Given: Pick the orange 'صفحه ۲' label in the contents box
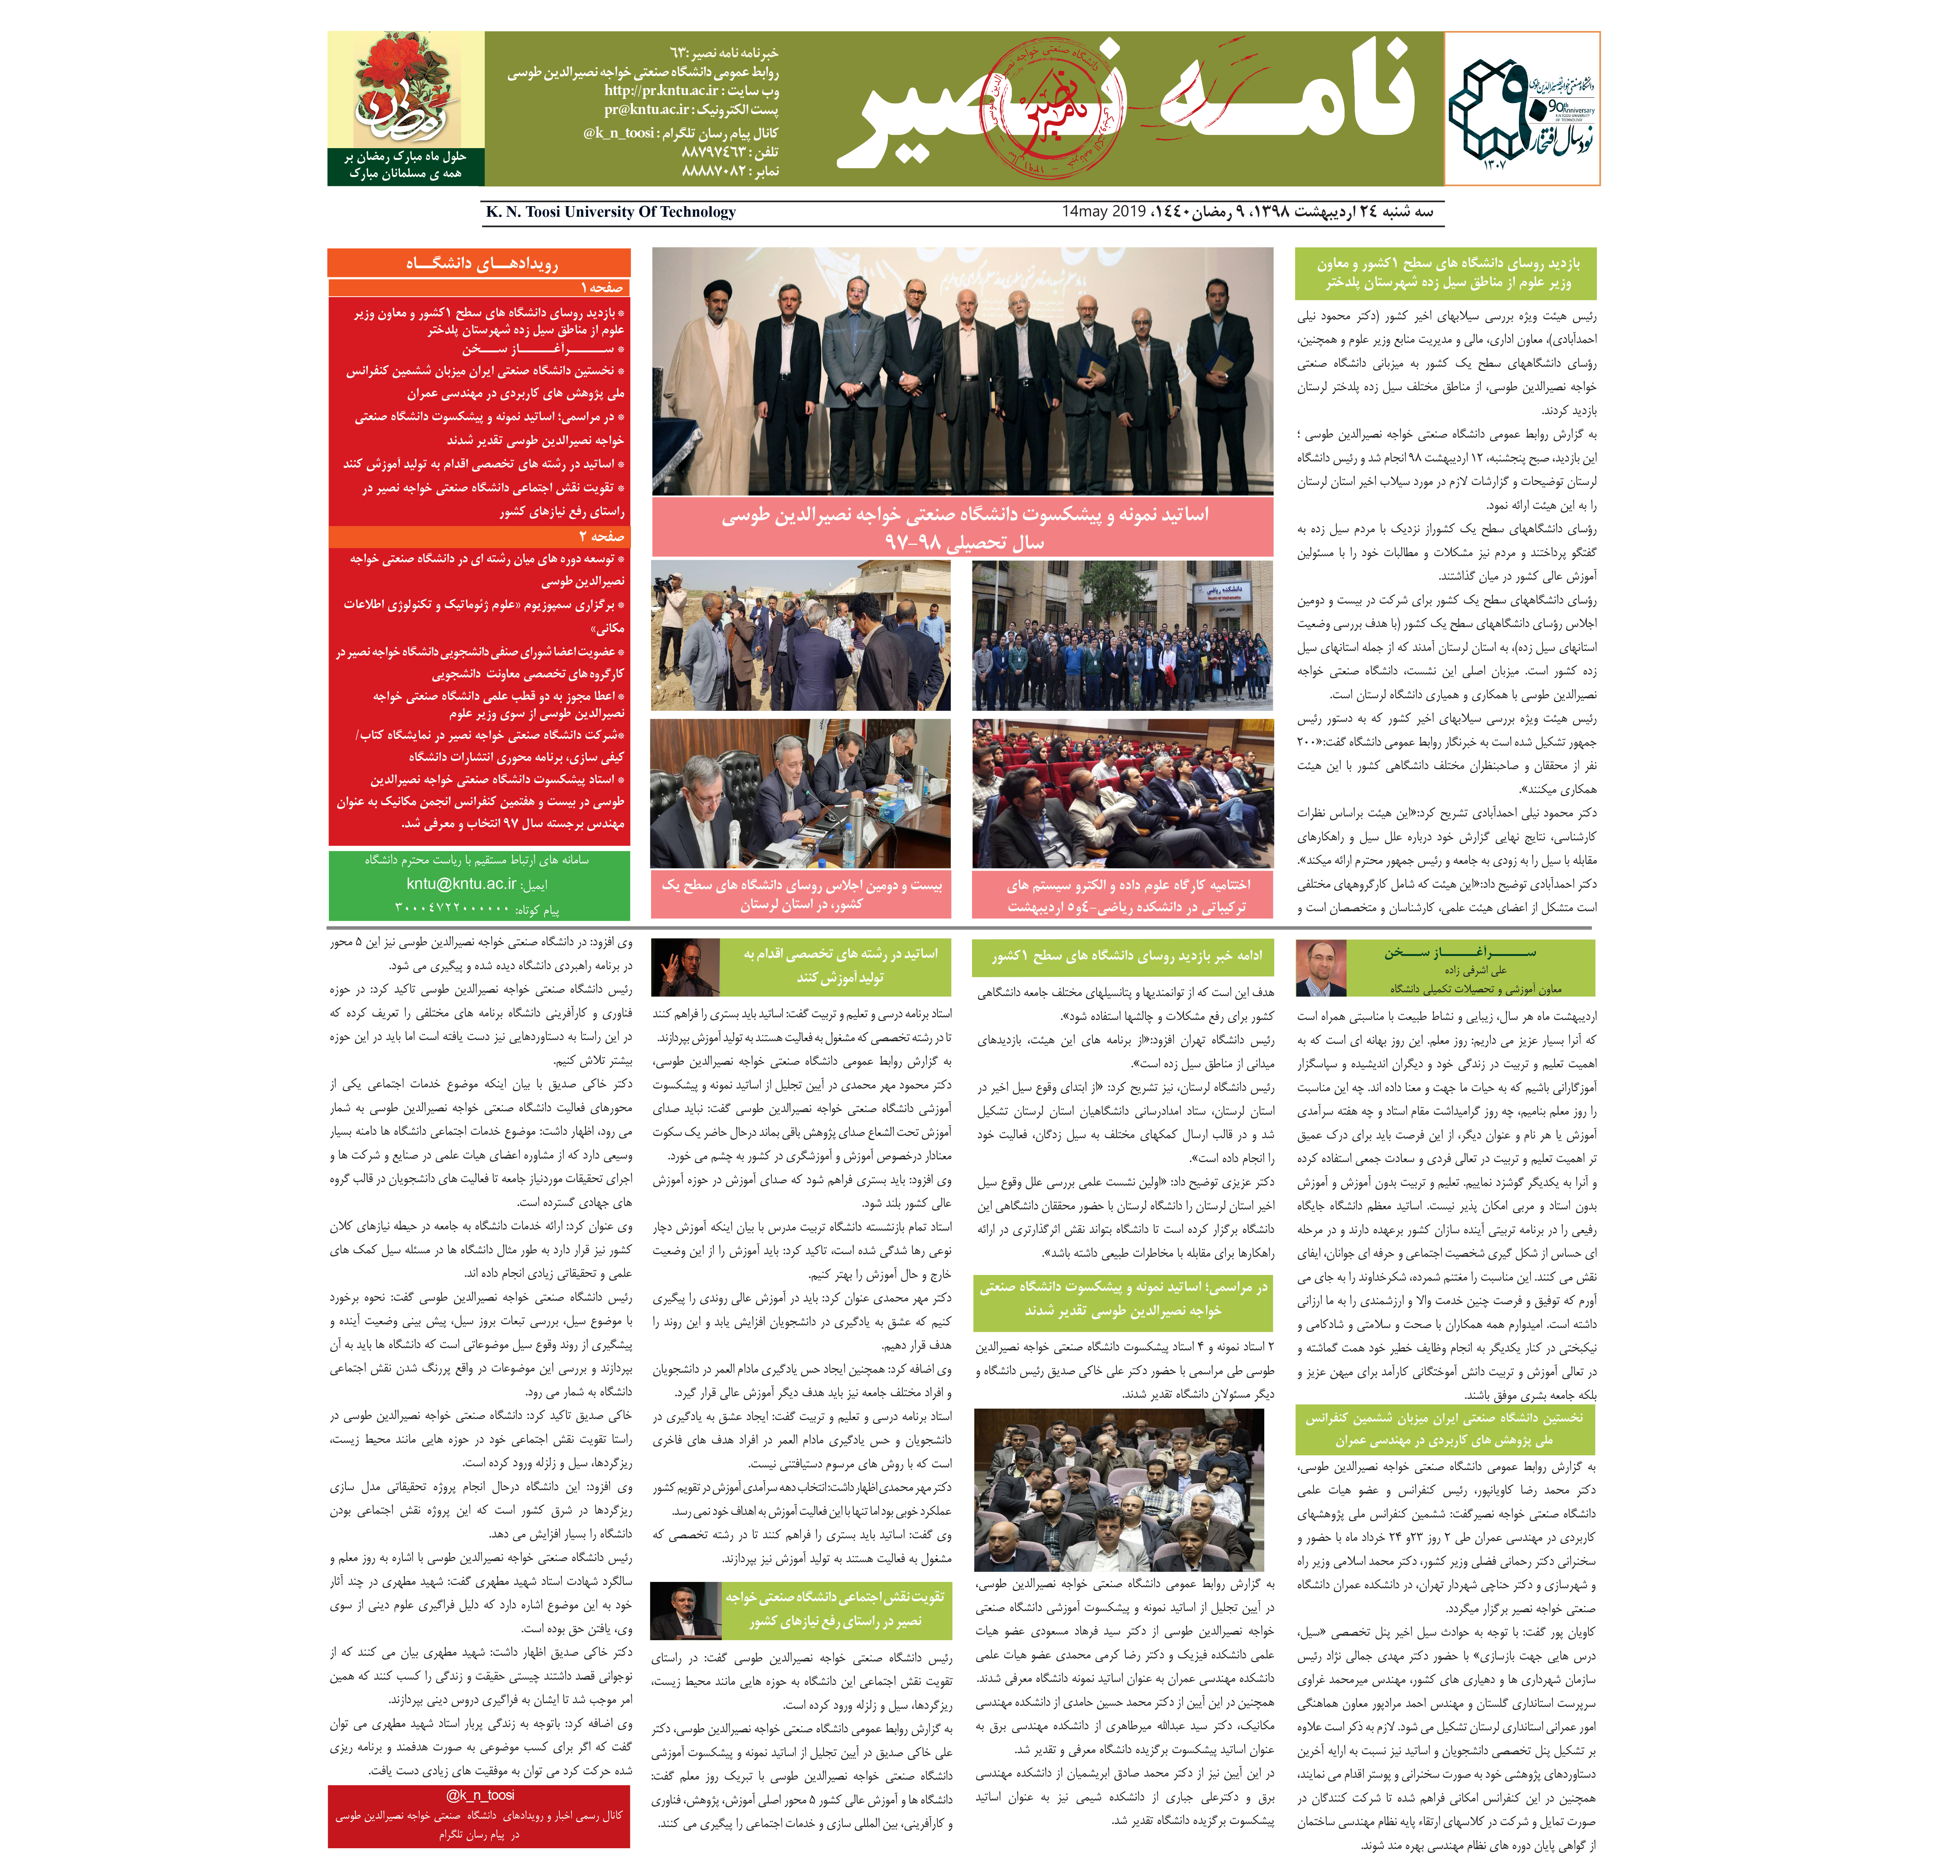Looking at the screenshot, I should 601,537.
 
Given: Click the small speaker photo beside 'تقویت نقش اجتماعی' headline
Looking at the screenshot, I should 684,1611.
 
